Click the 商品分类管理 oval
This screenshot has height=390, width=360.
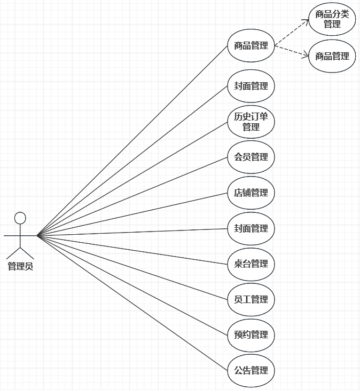tap(332, 19)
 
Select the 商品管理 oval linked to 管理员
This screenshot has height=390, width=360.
tap(251, 46)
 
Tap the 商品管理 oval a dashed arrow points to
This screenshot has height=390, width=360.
tap(332, 55)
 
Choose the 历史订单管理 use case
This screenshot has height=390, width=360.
tap(251, 122)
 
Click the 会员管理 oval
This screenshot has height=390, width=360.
tap(251, 157)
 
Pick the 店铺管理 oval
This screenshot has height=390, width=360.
tap(251, 193)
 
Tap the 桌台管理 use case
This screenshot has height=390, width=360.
tap(251, 264)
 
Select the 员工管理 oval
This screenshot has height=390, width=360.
tap(251, 299)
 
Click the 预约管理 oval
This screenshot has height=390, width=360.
tap(251, 335)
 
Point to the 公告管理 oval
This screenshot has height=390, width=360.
tap(251, 370)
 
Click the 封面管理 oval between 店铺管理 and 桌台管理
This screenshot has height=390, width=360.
tap(251, 228)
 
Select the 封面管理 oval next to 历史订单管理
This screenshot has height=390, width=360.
tap(251, 85)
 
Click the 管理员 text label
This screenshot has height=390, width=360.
tap(20, 266)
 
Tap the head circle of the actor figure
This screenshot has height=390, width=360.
tap(20, 218)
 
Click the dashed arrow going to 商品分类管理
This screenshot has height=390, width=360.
tap(292, 34)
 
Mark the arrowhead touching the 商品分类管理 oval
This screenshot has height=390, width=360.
tap(307, 22)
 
